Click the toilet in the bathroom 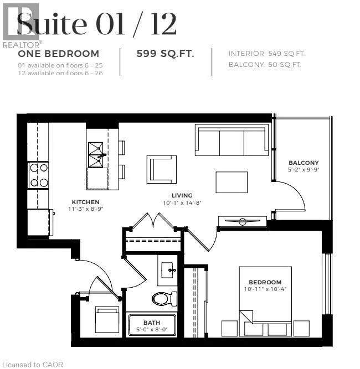click(164, 299)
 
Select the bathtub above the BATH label click(152, 325)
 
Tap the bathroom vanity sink click(168, 271)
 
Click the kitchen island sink click(96, 150)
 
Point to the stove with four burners click(38, 175)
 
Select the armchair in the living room click(162, 168)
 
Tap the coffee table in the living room click(232, 182)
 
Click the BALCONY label click(303, 163)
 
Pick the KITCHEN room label click(85, 202)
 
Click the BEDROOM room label click(265, 282)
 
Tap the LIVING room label click(182, 195)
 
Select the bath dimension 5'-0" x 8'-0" click(152, 330)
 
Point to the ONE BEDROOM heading click(59, 54)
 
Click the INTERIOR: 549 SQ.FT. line click(266, 54)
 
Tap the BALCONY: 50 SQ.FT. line click(265, 65)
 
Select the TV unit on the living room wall click(243, 222)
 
